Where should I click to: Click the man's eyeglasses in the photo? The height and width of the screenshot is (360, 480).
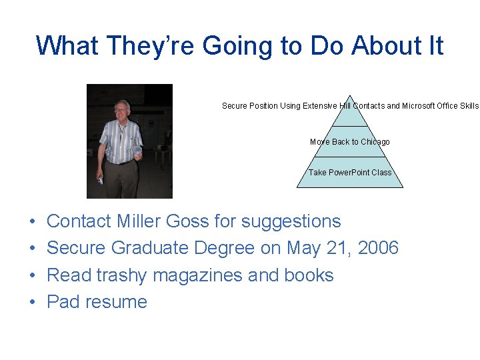[x=121, y=110]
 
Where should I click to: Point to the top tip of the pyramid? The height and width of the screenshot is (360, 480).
[x=350, y=95]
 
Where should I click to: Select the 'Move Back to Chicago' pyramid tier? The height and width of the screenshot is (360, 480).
[x=350, y=141]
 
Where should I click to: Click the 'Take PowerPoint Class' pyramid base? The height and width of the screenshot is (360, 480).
[x=350, y=172]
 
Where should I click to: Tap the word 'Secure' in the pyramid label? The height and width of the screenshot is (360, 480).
[x=235, y=105]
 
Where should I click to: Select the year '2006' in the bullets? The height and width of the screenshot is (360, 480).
[x=377, y=248]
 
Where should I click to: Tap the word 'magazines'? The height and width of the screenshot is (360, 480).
[x=203, y=275]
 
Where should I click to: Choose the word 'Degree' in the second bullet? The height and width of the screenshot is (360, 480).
[x=224, y=248]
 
